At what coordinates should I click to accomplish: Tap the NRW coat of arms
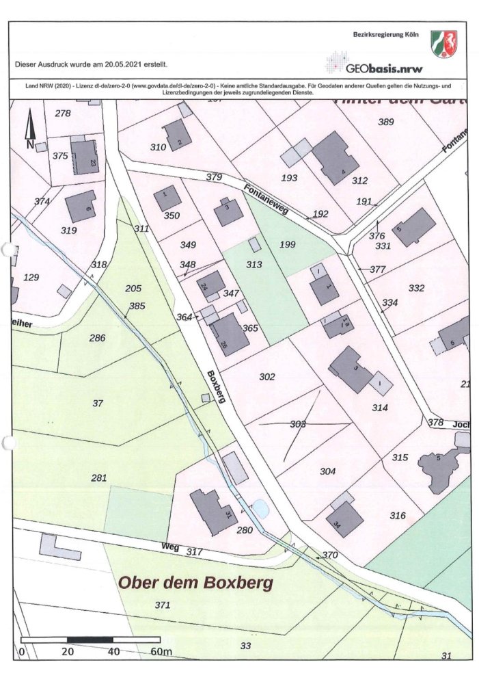(x=445, y=43)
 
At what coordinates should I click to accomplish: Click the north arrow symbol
(x=29, y=130)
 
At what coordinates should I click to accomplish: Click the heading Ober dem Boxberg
(x=196, y=583)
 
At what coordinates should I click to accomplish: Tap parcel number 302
(x=267, y=377)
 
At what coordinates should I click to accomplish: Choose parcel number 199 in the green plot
(x=288, y=244)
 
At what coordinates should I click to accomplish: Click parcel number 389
(x=386, y=122)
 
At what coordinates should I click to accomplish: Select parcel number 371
(x=162, y=605)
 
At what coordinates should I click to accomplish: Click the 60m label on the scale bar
(x=161, y=652)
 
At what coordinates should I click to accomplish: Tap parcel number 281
(x=99, y=477)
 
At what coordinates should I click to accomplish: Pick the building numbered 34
(x=344, y=520)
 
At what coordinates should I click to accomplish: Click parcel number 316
(x=397, y=515)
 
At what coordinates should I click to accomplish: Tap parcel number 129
(x=31, y=277)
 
